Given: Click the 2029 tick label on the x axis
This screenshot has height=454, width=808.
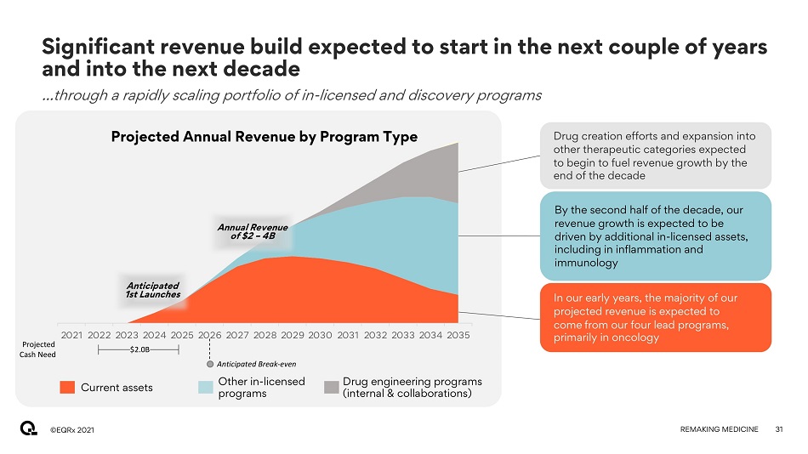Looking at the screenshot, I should (293, 335).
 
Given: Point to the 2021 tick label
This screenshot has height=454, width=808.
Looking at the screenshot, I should (72, 335).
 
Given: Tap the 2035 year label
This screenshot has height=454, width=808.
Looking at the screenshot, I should (458, 335).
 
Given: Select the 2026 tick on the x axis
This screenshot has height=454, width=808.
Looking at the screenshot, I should (210, 335).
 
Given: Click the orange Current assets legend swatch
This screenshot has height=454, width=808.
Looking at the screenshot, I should (68, 388).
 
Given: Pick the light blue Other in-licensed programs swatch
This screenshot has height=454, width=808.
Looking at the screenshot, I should (206, 388).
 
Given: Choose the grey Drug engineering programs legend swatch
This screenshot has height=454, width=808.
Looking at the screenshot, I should (332, 388).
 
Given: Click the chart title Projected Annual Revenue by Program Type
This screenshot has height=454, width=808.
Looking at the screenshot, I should (265, 137).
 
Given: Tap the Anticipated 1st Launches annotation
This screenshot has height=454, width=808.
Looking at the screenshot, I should (153, 290).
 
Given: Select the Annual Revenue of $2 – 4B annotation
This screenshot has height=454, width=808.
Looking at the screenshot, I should (253, 231).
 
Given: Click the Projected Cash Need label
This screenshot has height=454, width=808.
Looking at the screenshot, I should (39, 349).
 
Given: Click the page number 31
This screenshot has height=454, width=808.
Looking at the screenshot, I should (778, 430).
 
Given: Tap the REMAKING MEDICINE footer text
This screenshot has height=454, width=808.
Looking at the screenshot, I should (720, 430).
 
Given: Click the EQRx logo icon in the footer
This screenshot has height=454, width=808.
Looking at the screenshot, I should (29, 429).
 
